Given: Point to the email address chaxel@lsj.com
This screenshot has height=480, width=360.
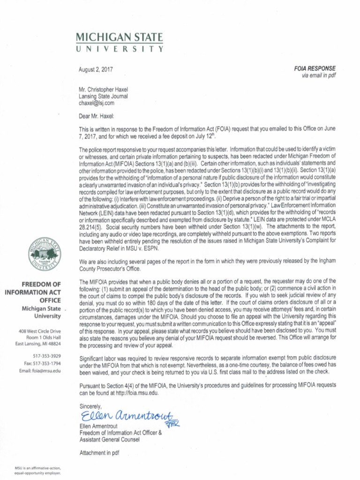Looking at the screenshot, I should click(x=96, y=103).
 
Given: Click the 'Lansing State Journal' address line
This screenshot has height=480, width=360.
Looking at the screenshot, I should click(x=103, y=96).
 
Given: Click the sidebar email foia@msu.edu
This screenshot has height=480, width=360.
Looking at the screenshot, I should click(x=40, y=371).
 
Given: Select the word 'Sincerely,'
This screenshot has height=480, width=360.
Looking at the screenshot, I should click(x=90, y=406).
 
